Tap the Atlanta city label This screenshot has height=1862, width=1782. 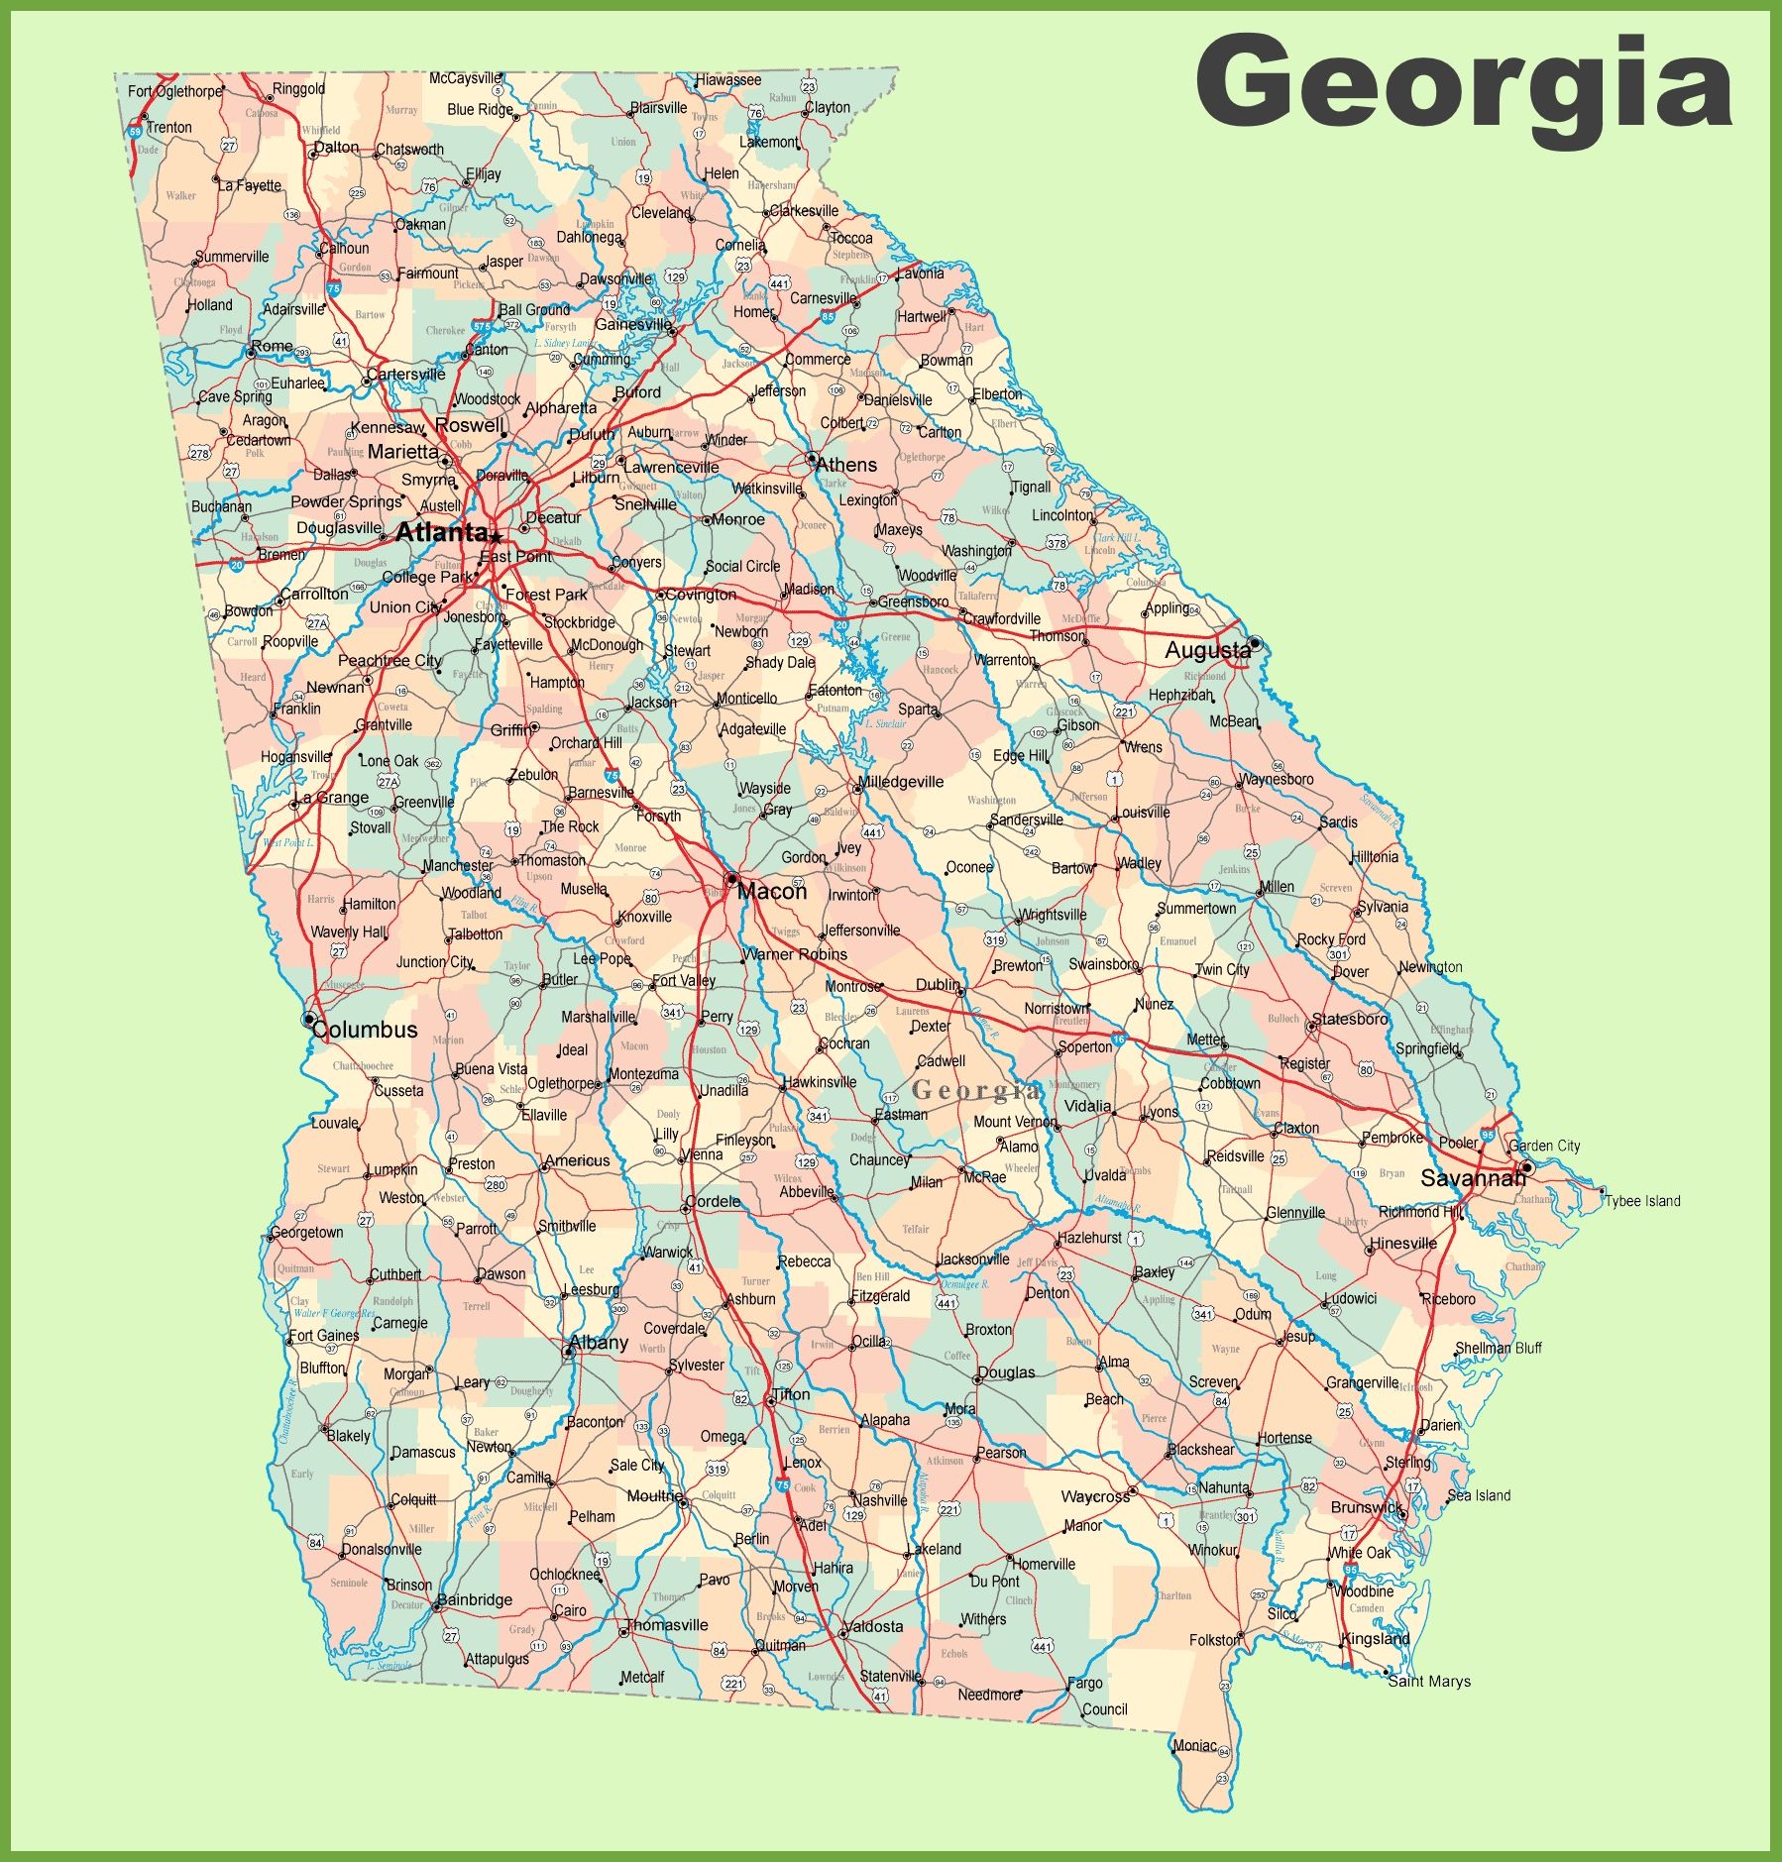pos(441,532)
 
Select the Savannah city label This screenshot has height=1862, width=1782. pos(1473,1178)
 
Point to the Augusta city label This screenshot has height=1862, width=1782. pos(1207,651)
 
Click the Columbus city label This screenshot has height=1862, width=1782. pos(366,1030)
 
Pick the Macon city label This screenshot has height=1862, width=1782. pos(772,892)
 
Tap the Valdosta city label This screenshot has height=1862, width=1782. pos(873,1626)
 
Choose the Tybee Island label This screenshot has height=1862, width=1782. pos(1642,1201)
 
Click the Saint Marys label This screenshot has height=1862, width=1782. pos(1429,1681)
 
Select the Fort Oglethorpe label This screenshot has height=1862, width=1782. pos(175,91)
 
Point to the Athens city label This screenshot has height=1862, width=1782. pos(846,465)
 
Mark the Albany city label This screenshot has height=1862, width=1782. pos(599,1343)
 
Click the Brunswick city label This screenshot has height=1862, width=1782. pos(1367,1507)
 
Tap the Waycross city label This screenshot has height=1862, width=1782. pos(1095,1496)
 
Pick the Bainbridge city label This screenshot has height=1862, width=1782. pos(475,1599)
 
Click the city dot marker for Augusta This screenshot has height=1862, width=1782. pos(1255,643)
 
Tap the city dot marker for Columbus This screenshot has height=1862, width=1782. pos(309,1019)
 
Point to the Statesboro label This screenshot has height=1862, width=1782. pos(1350,1019)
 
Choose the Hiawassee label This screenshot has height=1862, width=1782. pos(728,80)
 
